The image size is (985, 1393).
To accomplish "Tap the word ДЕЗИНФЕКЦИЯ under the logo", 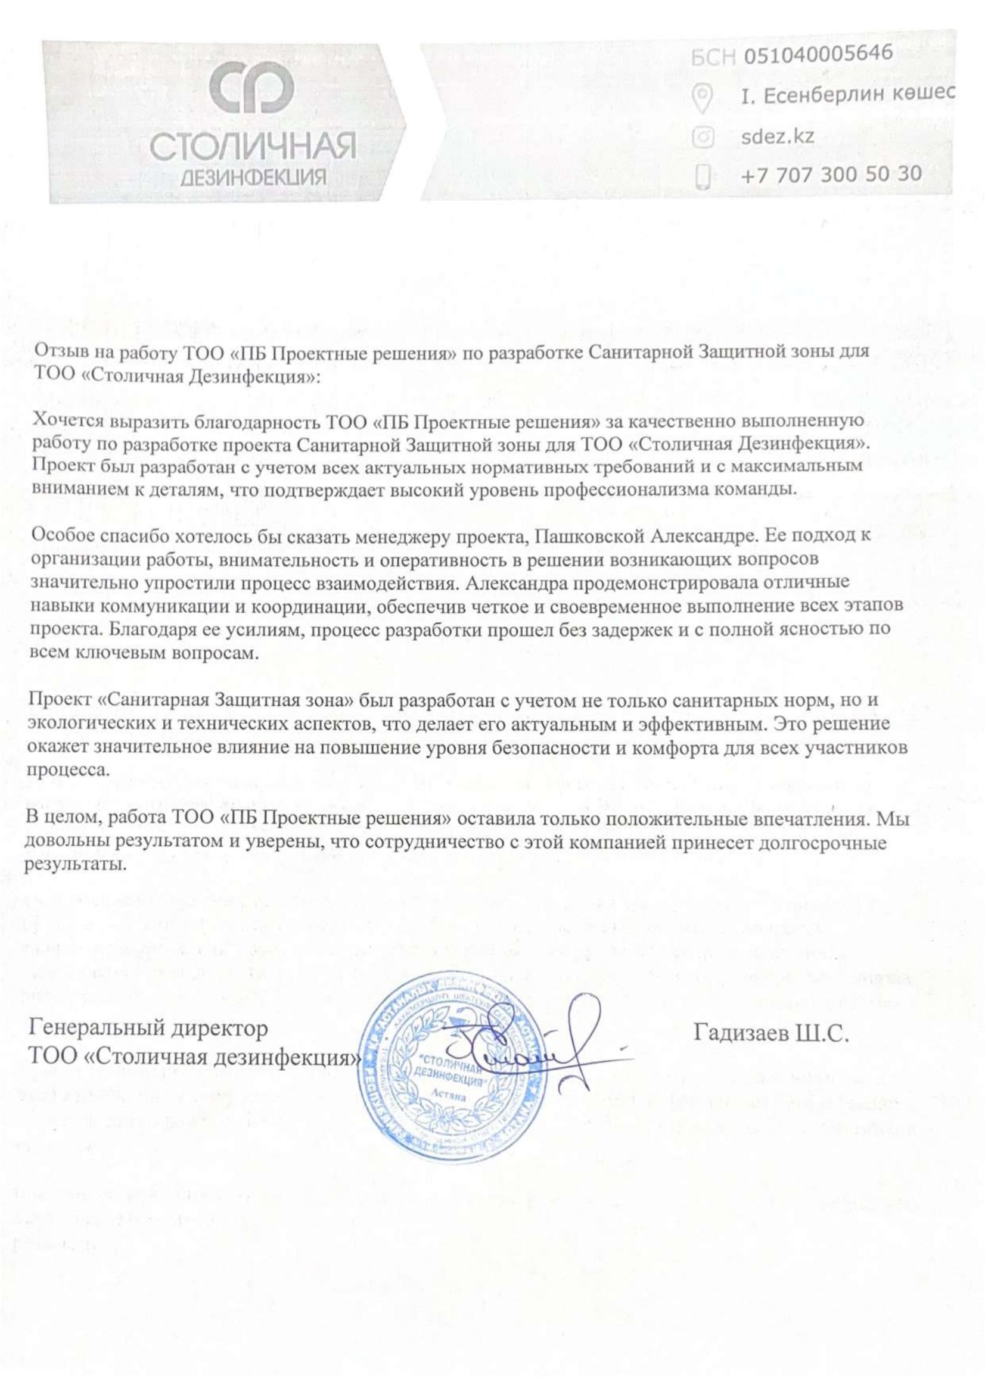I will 254,177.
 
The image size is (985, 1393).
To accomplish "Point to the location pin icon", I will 703,98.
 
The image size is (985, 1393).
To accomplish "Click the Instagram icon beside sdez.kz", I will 703,137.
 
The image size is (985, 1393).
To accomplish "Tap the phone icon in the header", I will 703,177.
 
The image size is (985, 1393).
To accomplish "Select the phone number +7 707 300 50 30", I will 831,174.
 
